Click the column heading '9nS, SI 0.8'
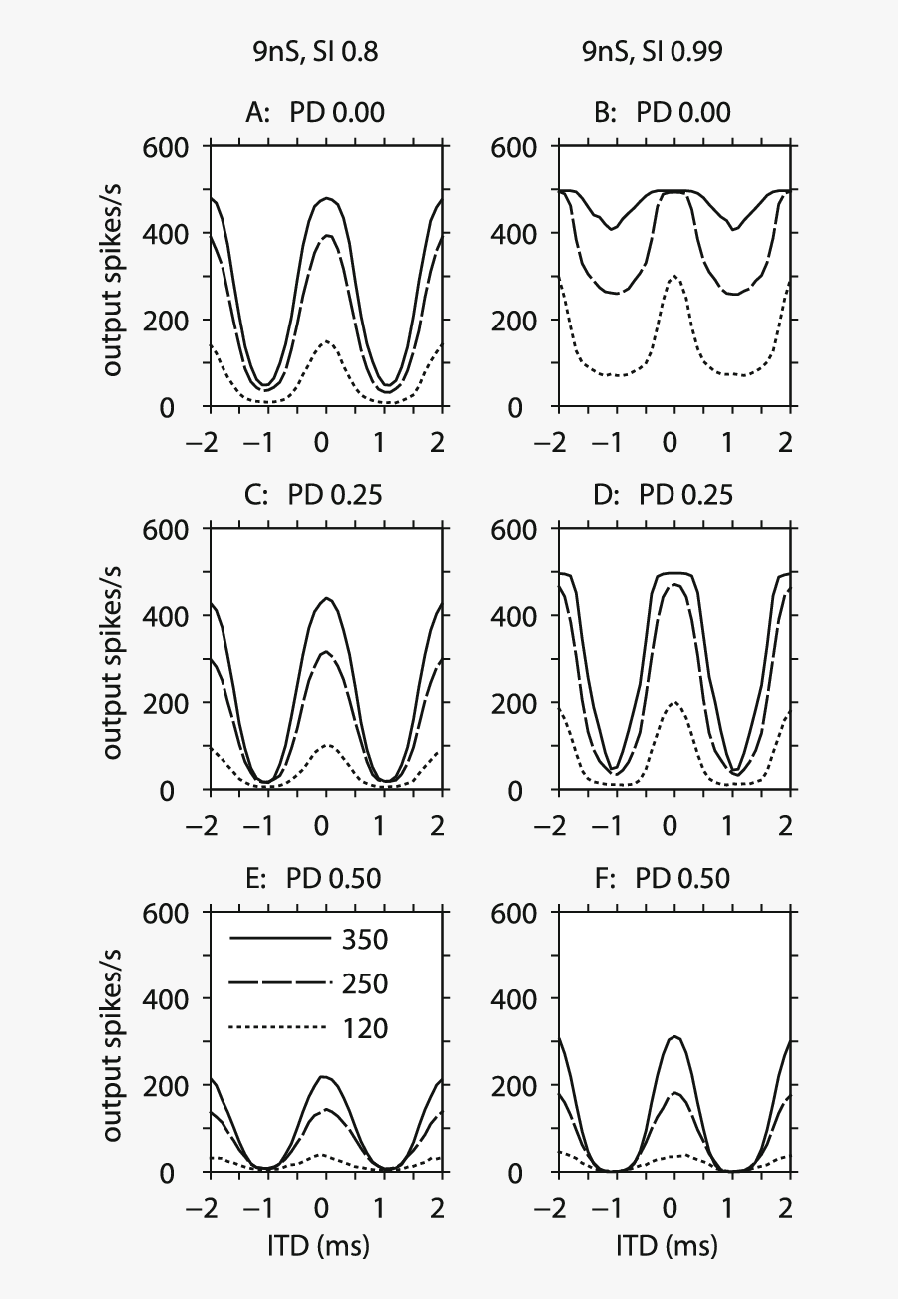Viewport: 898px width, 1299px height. click(x=314, y=54)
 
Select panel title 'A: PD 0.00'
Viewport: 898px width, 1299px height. click(x=314, y=113)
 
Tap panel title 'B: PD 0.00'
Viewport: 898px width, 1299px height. click(x=662, y=113)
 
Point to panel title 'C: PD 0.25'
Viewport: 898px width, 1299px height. click(x=314, y=495)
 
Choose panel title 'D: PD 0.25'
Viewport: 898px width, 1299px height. click(x=662, y=495)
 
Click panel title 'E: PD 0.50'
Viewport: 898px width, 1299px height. click(x=314, y=878)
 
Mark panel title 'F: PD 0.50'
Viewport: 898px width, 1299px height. click(x=662, y=878)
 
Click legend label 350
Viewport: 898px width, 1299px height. click(x=365, y=940)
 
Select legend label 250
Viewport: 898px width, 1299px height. click(x=365, y=983)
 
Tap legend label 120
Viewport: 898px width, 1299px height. click(x=365, y=1027)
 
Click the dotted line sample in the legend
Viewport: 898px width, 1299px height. click(x=279, y=1027)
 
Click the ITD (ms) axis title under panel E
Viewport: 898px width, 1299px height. click(x=323, y=1245)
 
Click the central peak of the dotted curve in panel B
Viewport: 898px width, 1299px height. click(x=674, y=277)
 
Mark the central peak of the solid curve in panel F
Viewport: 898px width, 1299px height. click(x=675, y=1037)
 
